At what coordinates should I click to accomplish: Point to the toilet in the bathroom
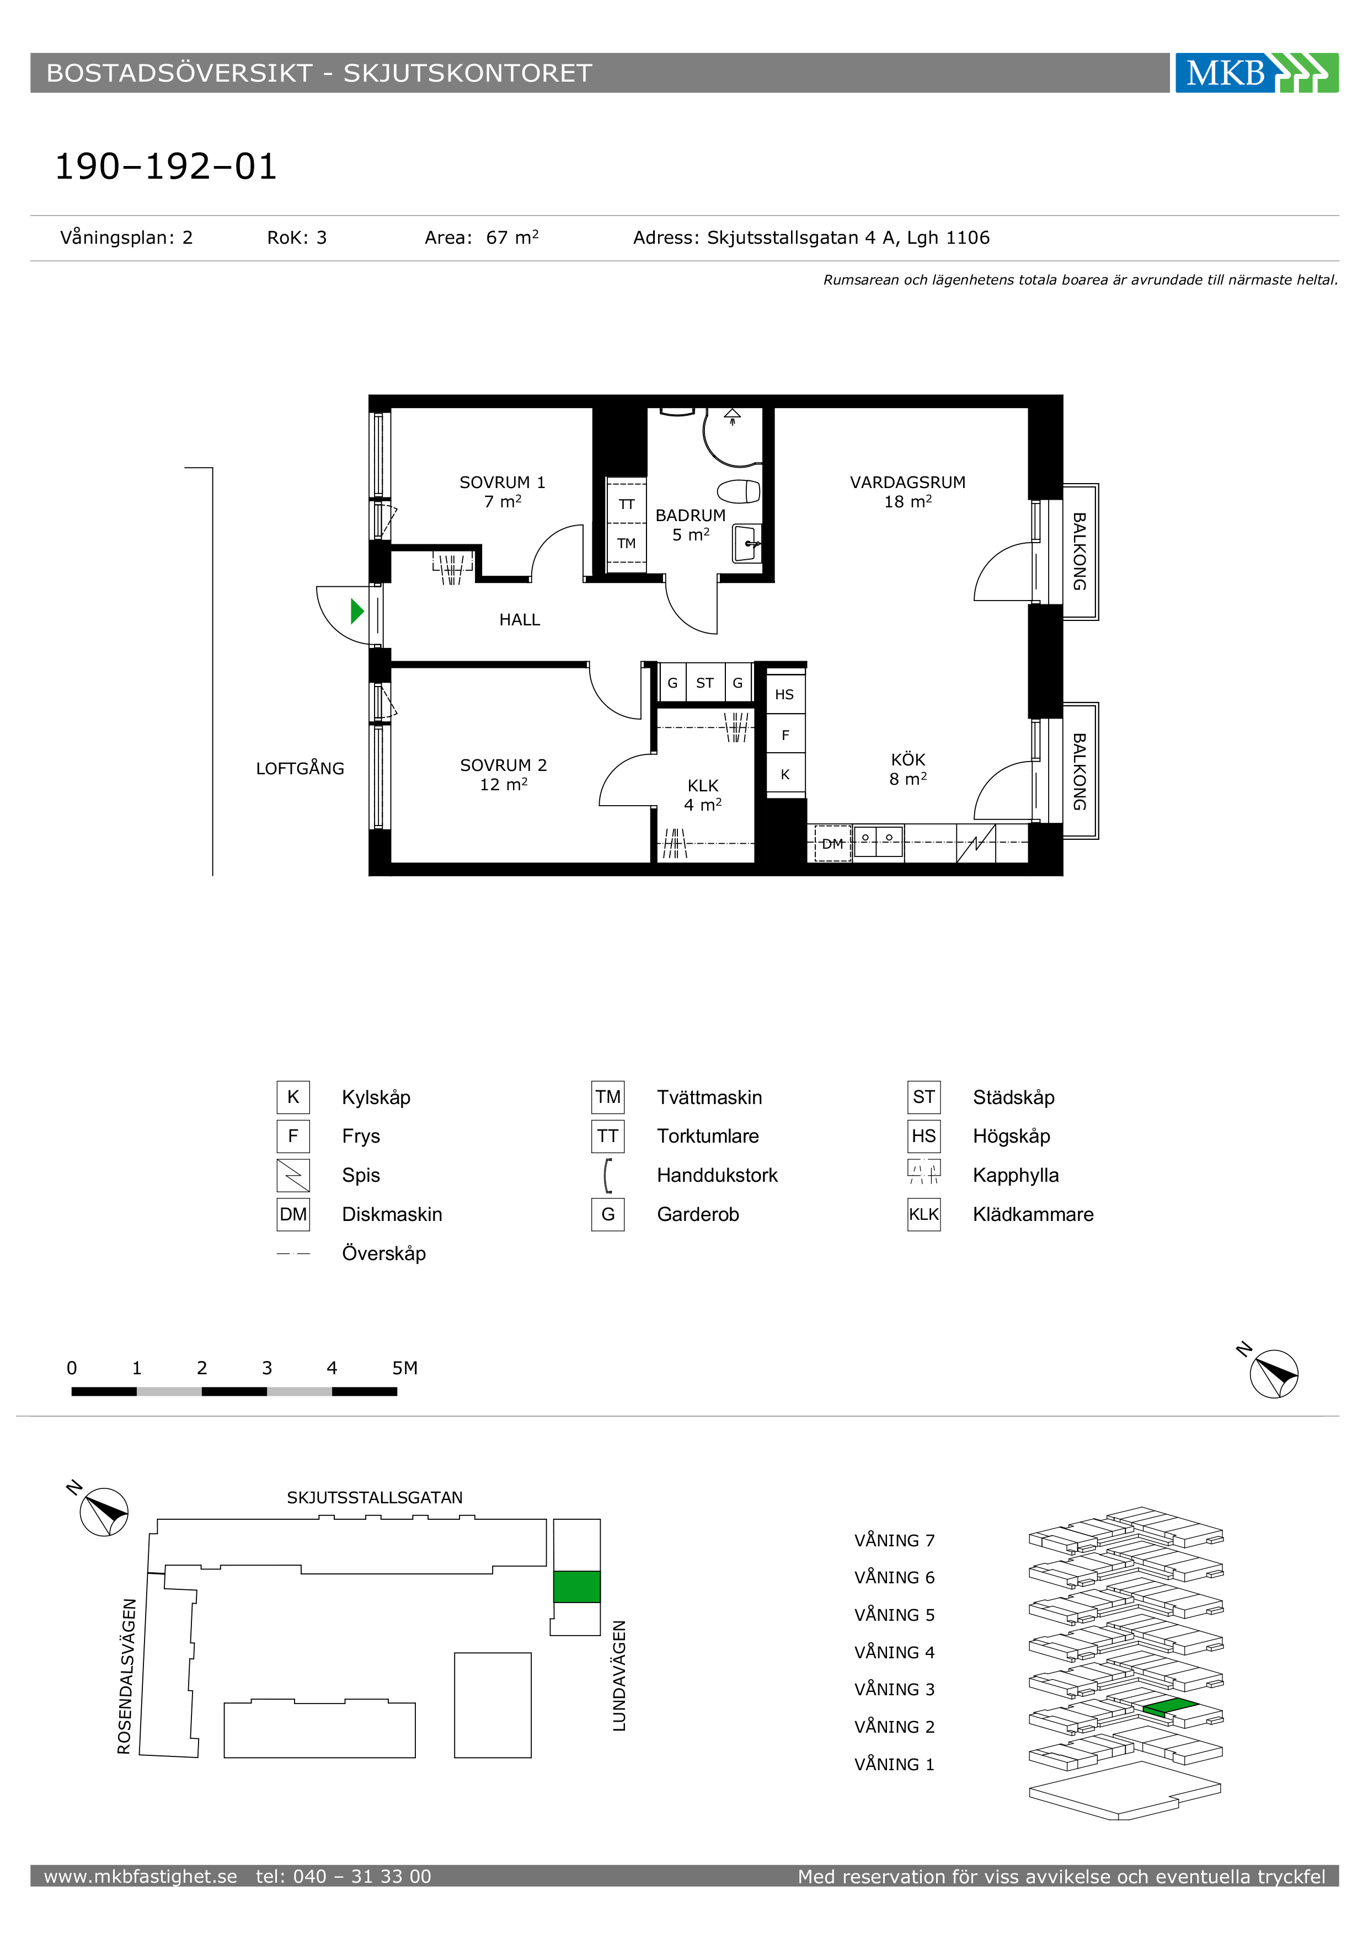tap(739, 491)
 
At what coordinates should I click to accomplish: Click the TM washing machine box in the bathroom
tap(627, 543)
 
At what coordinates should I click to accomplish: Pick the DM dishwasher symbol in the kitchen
tap(832, 843)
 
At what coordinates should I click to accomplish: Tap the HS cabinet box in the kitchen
tap(785, 694)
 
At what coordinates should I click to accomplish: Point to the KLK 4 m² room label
tap(703, 795)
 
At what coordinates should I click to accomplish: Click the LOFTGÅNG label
tap(300, 768)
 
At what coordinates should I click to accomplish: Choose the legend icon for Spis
tap(293, 1175)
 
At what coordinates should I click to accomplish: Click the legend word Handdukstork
tap(717, 1175)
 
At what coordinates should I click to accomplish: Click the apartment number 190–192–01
tap(166, 166)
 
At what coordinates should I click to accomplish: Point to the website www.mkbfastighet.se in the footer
tap(141, 1876)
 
